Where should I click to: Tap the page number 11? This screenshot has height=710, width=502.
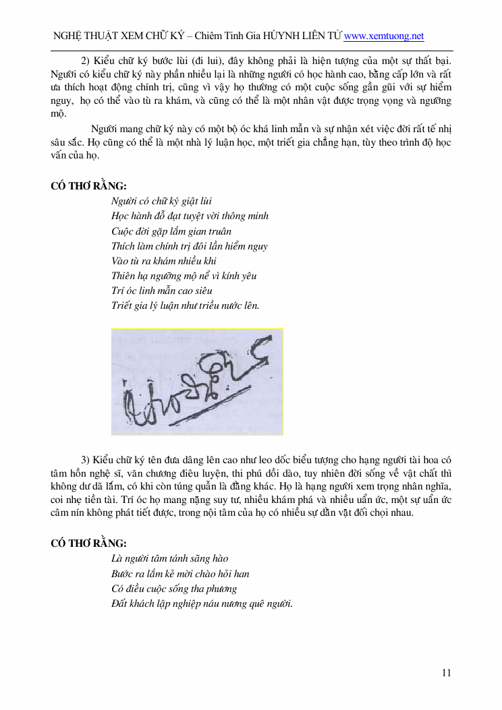tap(446, 672)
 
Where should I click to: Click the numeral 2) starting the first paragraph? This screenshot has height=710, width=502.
tap(86, 60)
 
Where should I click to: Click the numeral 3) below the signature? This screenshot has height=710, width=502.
tap(86, 459)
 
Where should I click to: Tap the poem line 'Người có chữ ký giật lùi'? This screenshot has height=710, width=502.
tap(162, 201)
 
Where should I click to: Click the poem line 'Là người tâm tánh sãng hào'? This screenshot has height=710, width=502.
tap(169, 558)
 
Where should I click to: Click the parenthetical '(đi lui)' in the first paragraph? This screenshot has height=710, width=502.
tap(207, 60)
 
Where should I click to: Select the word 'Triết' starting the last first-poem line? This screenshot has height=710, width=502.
tap(122, 305)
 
